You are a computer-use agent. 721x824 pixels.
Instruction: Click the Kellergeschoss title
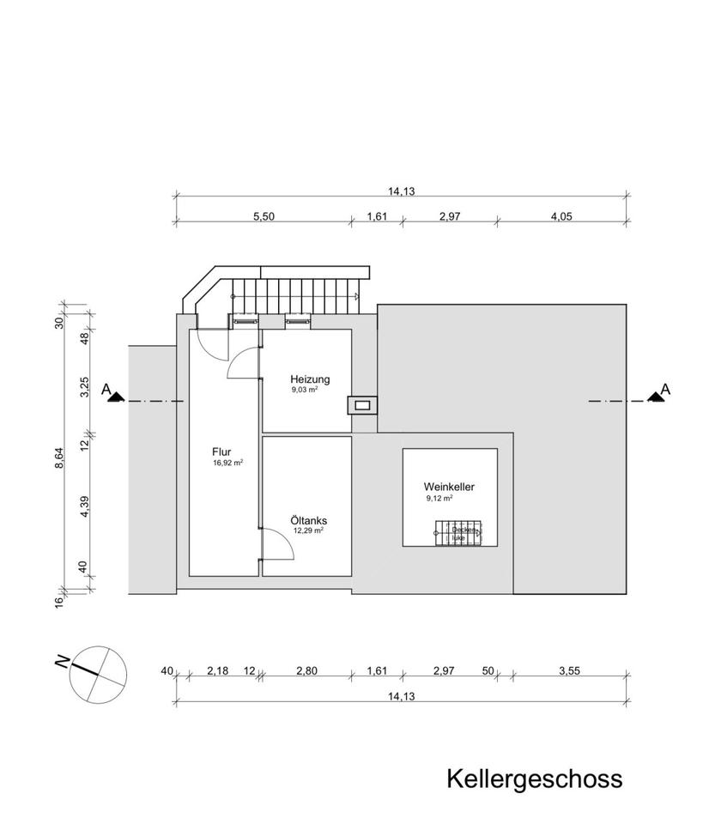(x=533, y=779)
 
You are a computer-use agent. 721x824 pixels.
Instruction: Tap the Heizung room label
(x=310, y=379)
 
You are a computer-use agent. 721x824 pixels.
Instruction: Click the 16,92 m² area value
(x=227, y=463)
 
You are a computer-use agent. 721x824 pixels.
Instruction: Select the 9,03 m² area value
(x=305, y=390)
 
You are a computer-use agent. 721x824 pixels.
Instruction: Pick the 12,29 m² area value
(x=308, y=530)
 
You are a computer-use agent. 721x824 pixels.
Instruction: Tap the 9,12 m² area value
(x=439, y=498)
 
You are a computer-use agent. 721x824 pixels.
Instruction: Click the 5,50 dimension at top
(x=263, y=217)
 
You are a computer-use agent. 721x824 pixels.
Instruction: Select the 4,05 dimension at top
(x=560, y=217)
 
